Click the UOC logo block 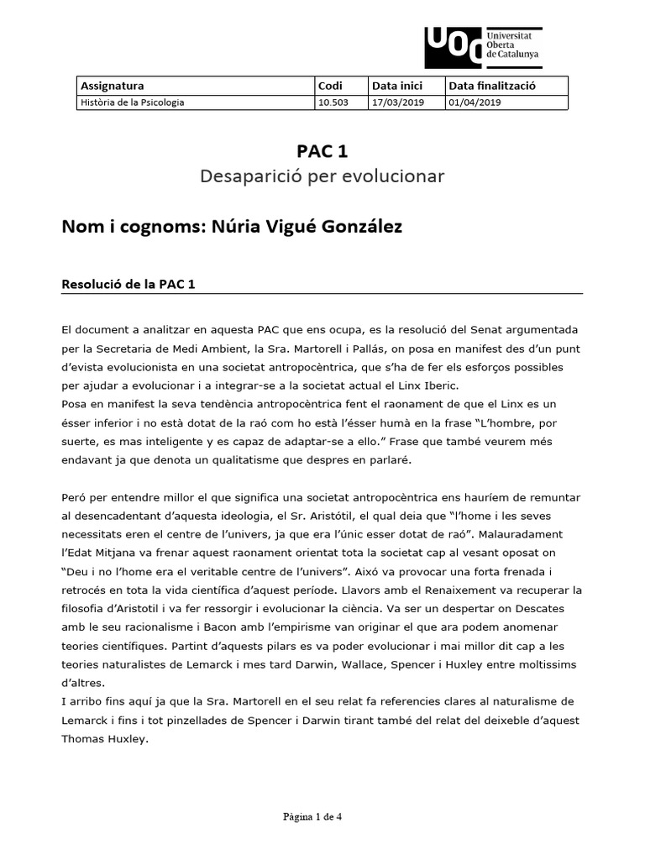[453, 47]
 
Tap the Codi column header [330, 86]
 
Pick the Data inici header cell [396, 86]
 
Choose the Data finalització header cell [492, 86]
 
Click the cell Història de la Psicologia [132, 102]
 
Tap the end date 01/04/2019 [475, 102]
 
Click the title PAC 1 [322, 151]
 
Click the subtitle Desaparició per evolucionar [322, 176]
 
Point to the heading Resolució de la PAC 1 [128, 284]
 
